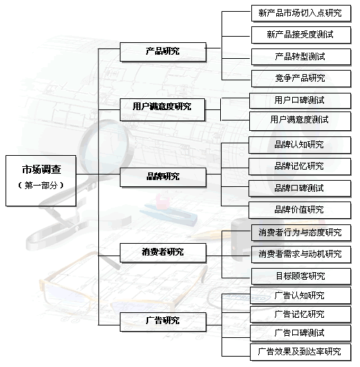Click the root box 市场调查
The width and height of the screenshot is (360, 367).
coord(41,181)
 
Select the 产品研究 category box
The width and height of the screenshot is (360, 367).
coord(163,52)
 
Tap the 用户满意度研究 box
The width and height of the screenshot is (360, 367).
coord(162,109)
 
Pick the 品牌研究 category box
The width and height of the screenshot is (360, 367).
coord(163,177)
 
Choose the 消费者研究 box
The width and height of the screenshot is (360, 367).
coord(163,253)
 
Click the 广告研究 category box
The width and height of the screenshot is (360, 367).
coord(163,321)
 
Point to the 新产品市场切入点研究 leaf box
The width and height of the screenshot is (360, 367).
coord(301,13)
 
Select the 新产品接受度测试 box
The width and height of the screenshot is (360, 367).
coord(301,35)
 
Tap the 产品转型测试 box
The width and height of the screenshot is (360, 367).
coord(301,57)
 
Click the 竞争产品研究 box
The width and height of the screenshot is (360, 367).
coord(301,78)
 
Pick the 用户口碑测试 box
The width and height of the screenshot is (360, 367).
coord(300,100)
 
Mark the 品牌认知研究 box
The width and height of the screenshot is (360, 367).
coord(300,145)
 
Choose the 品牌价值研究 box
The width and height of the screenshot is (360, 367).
coord(300,211)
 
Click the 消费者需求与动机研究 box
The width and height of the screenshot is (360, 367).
coord(301,254)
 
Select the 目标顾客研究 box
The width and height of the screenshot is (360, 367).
coord(301,276)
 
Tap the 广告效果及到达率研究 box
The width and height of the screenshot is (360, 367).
coord(300,352)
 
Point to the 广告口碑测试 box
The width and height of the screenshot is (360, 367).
coord(300,333)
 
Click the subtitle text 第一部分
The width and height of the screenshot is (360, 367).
coord(41,186)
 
